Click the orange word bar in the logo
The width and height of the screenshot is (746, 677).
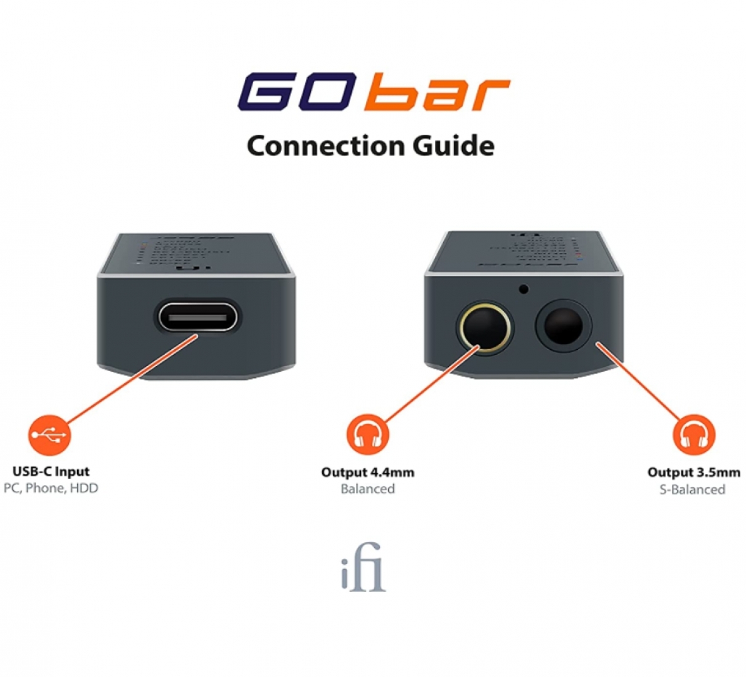[437, 93]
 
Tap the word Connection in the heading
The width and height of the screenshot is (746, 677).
[325, 145]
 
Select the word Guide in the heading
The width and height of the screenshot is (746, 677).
[453, 145]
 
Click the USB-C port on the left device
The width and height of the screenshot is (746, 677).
[199, 317]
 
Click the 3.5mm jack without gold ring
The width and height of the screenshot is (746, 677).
[563, 327]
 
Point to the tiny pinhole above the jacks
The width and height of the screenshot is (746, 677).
[523, 290]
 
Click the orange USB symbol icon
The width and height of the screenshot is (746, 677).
[50, 434]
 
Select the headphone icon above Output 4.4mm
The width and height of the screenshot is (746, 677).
[367, 434]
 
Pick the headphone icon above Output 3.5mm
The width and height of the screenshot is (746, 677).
[693, 435]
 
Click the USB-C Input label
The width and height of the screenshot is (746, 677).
[51, 471]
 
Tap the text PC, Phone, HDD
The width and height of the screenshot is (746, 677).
[51, 488]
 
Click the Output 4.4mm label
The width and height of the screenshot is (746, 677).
[367, 472]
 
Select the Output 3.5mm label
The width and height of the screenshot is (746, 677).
[693, 472]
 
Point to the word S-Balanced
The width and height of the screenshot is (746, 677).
[692, 490]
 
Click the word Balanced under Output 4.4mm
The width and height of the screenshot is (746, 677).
[367, 489]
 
